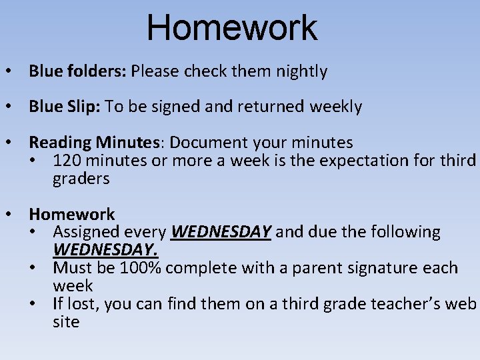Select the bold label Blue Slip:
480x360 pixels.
point(63,107)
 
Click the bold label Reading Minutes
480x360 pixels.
point(98,143)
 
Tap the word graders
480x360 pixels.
point(81,179)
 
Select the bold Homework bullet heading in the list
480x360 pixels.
point(71,214)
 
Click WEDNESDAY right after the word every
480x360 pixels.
point(221,232)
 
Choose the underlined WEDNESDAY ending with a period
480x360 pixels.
point(105,250)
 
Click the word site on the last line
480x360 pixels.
point(66,322)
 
